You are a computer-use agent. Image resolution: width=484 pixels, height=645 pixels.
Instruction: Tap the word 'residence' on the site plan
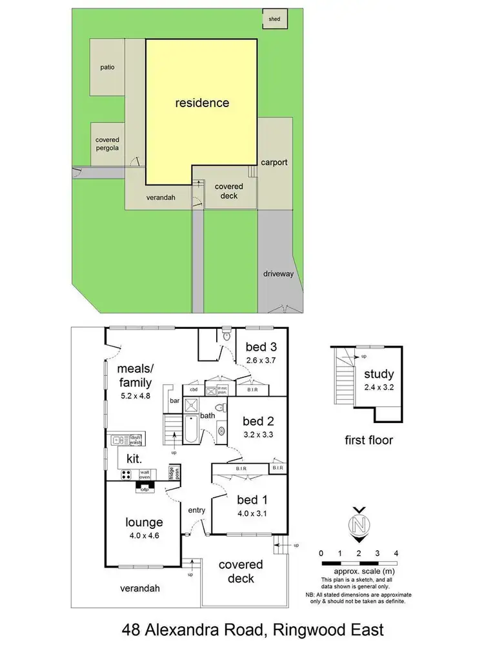pos(203,102)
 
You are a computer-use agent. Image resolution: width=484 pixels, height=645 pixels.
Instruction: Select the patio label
pos(107,67)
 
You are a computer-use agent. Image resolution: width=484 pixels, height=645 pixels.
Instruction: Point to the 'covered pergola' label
pos(107,143)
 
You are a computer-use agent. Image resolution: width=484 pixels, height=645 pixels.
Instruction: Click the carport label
pos(274,163)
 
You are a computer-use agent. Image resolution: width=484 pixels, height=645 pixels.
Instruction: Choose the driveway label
pos(278,273)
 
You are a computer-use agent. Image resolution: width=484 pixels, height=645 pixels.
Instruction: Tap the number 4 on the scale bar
pos(396,553)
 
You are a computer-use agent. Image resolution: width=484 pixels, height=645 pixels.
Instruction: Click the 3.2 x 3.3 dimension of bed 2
pos(259,435)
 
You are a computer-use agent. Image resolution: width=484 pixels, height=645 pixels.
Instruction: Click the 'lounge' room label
pos(145,522)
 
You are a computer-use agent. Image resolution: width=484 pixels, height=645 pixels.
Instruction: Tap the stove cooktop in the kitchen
pos(126,475)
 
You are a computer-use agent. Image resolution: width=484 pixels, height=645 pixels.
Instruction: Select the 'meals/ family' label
pos(134,375)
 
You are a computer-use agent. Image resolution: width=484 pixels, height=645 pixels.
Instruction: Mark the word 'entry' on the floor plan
pos(196,510)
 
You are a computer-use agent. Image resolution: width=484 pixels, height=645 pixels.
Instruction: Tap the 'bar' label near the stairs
pos(174,401)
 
